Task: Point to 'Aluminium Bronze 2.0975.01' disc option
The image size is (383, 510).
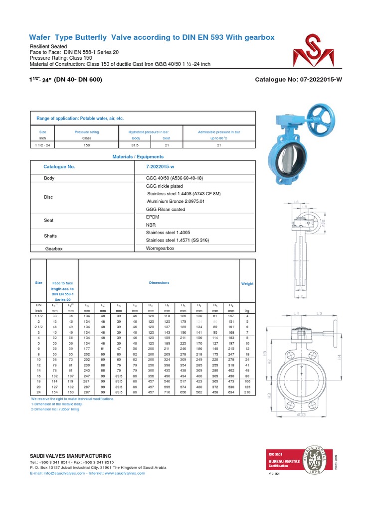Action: pyautogui.click(x=172, y=201)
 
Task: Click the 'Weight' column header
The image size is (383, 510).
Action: pyautogui.click(x=247, y=283)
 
